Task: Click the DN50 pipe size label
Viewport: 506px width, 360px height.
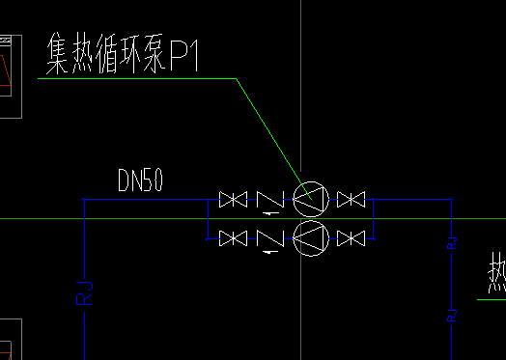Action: (x=140, y=180)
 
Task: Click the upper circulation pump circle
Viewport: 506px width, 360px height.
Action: (x=311, y=200)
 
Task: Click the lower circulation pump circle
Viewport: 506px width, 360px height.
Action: (x=311, y=237)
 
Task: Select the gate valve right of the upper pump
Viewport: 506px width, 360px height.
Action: (x=350, y=200)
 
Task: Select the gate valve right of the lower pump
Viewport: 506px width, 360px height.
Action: (x=350, y=236)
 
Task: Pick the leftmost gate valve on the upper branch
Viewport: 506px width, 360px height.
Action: (x=232, y=200)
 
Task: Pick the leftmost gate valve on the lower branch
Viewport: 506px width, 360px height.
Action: (x=232, y=236)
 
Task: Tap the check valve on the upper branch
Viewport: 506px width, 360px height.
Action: (x=269, y=200)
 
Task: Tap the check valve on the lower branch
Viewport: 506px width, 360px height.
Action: (x=269, y=236)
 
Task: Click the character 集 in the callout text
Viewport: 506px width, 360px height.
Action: (x=61, y=56)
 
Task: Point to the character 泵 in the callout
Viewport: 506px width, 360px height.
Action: (x=157, y=57)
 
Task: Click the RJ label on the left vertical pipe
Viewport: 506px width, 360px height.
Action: (x=84, y=291)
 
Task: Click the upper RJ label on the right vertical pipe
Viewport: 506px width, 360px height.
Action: (x=452, y=241)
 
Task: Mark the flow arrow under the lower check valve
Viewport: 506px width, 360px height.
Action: (x=267, y=252)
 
